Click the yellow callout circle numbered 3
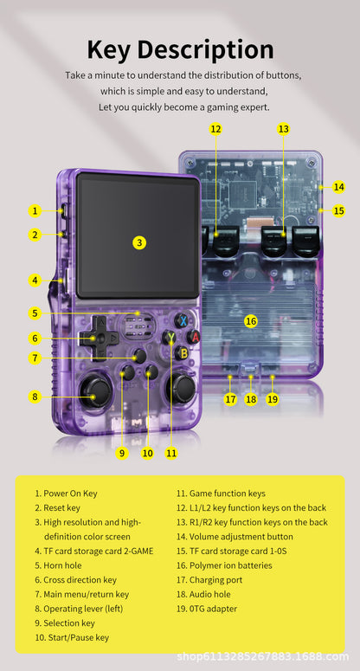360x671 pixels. click(139, 242)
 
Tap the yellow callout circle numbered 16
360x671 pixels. click(251, 320)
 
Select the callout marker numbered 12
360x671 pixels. click(215, 129)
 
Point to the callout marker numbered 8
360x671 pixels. click(35, 397)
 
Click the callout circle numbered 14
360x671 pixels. click(338, 186)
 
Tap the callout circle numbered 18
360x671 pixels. click(251, 399)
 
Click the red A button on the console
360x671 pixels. click(196, 336)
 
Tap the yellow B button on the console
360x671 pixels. click(182, 352)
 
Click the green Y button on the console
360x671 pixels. click(170, 337)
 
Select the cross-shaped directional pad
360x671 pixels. click(100, 338)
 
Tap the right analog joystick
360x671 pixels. click(182, 389)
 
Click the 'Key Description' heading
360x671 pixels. click(180, 49)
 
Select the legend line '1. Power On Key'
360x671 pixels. click(66, 494)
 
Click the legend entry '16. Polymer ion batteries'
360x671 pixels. click(224, 565)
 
